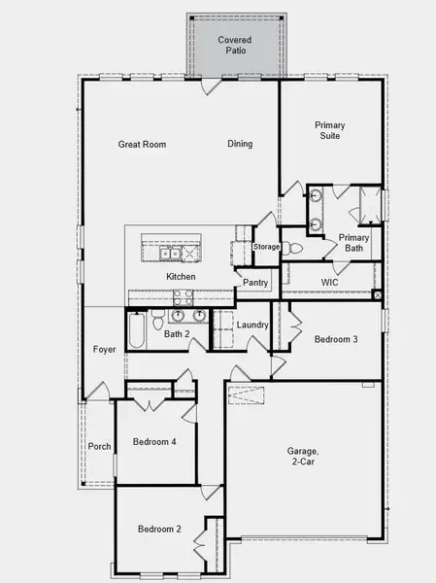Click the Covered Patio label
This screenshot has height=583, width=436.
235,46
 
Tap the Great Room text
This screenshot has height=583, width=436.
142,145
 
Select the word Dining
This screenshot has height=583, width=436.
240,145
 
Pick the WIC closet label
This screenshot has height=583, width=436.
329,283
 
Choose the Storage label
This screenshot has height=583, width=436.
267,247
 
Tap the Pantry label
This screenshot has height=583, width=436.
255,283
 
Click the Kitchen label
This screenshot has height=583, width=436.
181,277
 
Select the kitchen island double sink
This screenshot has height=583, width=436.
171,254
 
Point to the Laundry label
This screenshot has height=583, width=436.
252,325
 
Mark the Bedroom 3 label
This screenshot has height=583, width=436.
336,339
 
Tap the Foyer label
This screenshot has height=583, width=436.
104,350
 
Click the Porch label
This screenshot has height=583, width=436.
99,447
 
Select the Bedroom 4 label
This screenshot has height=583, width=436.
154,443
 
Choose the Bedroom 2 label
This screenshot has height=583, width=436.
159,530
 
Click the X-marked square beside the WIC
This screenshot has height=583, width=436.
377,295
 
